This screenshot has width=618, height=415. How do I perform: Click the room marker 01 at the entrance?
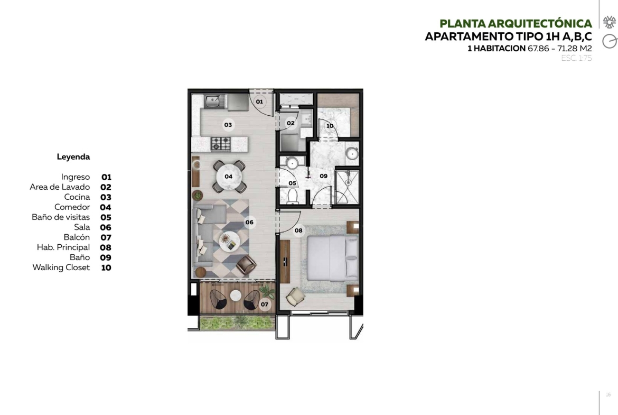[259, 102]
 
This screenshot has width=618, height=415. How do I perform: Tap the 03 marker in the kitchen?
[228, 125]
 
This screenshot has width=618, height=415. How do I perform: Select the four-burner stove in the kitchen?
[221, 144]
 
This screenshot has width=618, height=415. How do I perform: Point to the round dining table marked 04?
[229, 177]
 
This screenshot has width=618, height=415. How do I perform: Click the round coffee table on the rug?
[229, 241]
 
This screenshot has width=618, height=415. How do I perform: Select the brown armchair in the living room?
[246, 265]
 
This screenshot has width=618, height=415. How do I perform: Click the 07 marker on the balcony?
[265, 304]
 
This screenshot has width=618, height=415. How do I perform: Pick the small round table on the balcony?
[236, 295]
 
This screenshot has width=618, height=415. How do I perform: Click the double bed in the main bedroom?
[333, 258]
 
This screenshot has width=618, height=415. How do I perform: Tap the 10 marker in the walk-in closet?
[330, 126]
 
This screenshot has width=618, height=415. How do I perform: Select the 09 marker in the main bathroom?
[324, 176]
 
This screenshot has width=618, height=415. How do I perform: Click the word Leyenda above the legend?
[73, 156]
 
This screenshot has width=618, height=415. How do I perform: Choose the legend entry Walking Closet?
[61, 268]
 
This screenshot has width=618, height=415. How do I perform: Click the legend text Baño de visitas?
[61, 217]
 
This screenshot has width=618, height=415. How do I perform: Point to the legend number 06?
[106, 228]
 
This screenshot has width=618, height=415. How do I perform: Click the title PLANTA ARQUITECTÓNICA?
[516, 24]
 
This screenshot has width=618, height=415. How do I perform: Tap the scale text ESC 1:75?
[576, 58]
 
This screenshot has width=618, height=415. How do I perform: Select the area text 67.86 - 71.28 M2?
[560, 49]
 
